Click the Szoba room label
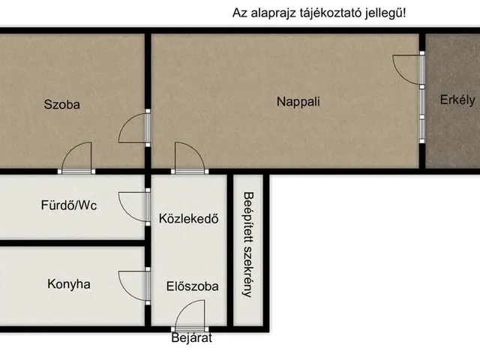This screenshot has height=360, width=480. pyautogui.click(x=61, y=105)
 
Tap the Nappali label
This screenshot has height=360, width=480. pyautogui.click(x=298, y=101)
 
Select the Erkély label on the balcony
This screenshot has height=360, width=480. pyautogui.click(x=457, y=100)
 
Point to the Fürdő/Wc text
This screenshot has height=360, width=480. pyautogui.click(x=68, y=203)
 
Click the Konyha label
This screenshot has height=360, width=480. pyautogui.click(x=69, y=284)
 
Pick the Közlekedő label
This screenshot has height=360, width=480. pyautogui.click(x=188, y=220)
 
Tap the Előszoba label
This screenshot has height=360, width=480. pyautogui.click(x=193, y=286)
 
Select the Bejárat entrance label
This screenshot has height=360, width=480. pyautogui.click(x=191, y=339)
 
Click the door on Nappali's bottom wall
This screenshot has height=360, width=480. pyautogui.click(x=189, y=157)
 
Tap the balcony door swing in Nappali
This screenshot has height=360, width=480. pyautogui.click(x=409, y=72)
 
